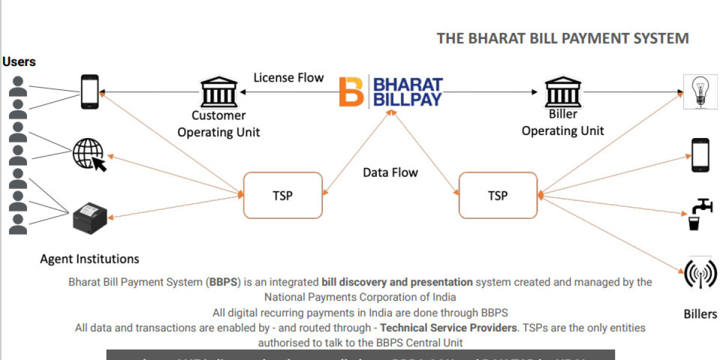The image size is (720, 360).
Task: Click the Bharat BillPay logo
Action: [x=391, y=92]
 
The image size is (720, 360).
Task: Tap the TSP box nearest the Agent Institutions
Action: [x=283, y=195]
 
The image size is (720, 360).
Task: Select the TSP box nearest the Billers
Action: [x=497, y=195]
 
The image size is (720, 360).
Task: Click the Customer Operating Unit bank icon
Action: [x=218, y=92]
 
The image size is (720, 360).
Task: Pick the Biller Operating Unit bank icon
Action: [x=562, y=92]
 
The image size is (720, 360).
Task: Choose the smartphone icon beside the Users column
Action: [x=89, y=91]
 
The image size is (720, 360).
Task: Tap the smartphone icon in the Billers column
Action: [x=700, y=154]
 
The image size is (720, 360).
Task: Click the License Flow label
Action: [x=288, y=77]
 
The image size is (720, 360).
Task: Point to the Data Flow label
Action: [x=390, y=172]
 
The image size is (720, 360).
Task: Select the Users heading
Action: [x=19, y=62]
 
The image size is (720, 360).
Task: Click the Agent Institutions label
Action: [x=89, y=259]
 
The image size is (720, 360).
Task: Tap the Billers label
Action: [x=700, y=314]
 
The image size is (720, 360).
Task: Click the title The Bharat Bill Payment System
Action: [x=562, y=38]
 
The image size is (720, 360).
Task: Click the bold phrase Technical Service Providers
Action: [x=448, y=328]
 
